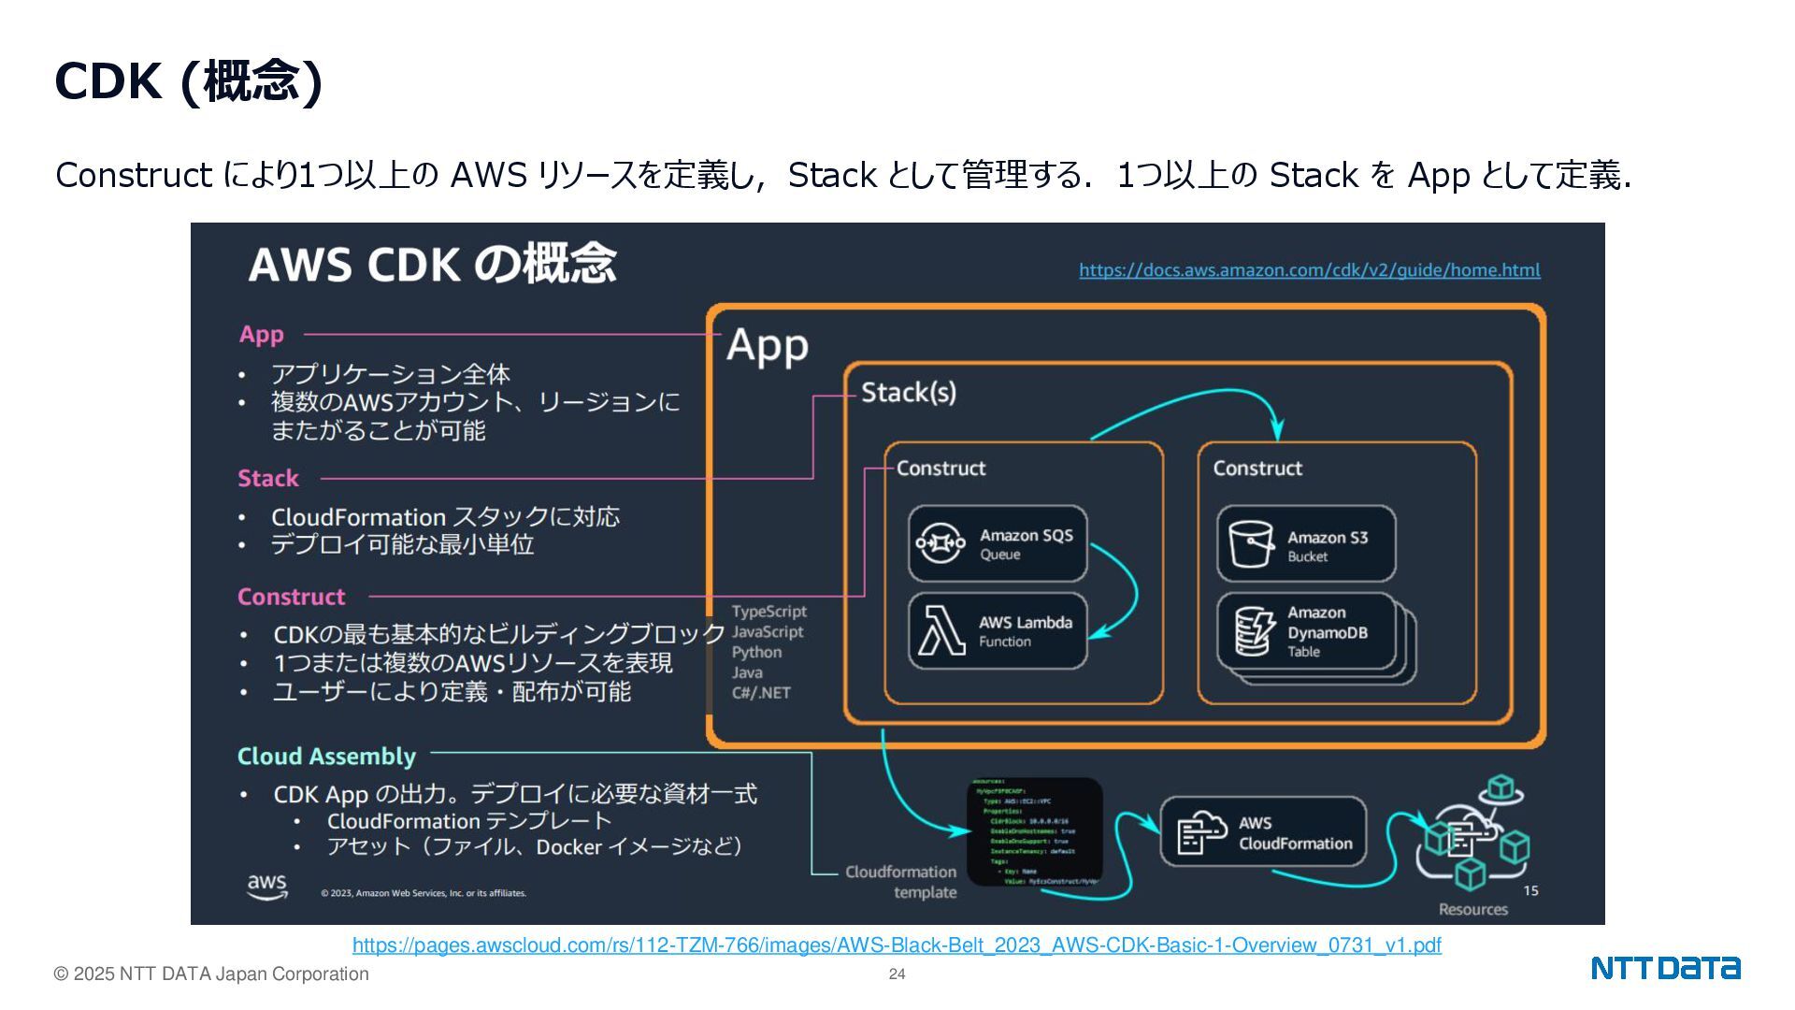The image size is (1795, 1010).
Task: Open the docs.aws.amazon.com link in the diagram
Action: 1309,270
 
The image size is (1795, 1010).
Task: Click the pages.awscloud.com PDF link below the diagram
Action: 897,945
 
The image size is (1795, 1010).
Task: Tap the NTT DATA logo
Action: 1665,968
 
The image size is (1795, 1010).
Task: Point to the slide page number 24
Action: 897,974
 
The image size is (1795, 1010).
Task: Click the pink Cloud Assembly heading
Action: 326,756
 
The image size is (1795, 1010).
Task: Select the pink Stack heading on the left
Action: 267,478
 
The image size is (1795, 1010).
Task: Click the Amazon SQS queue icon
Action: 941,542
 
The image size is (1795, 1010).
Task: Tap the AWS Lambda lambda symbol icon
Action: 941,630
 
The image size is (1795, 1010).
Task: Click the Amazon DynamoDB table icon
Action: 1253,631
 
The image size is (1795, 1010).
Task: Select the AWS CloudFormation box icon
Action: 1201,831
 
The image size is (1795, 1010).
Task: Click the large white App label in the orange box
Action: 767,346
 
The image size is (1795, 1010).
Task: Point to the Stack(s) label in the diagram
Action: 908,393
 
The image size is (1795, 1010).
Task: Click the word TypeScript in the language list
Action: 768,612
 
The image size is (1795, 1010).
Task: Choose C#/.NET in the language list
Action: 761,693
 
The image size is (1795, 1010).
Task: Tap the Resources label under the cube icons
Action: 1472,909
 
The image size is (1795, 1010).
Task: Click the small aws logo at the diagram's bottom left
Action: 266,886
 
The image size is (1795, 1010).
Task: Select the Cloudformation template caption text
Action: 901,882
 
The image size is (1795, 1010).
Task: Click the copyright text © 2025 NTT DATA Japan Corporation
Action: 211,974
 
